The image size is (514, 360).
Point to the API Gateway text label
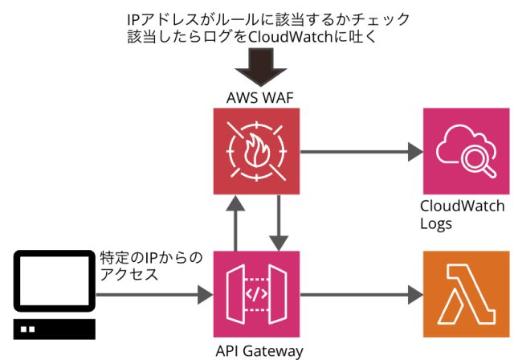tap(259, 350)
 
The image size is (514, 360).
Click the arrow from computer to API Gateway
tap(153, 295)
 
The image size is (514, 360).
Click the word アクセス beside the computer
tap(128, 275)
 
